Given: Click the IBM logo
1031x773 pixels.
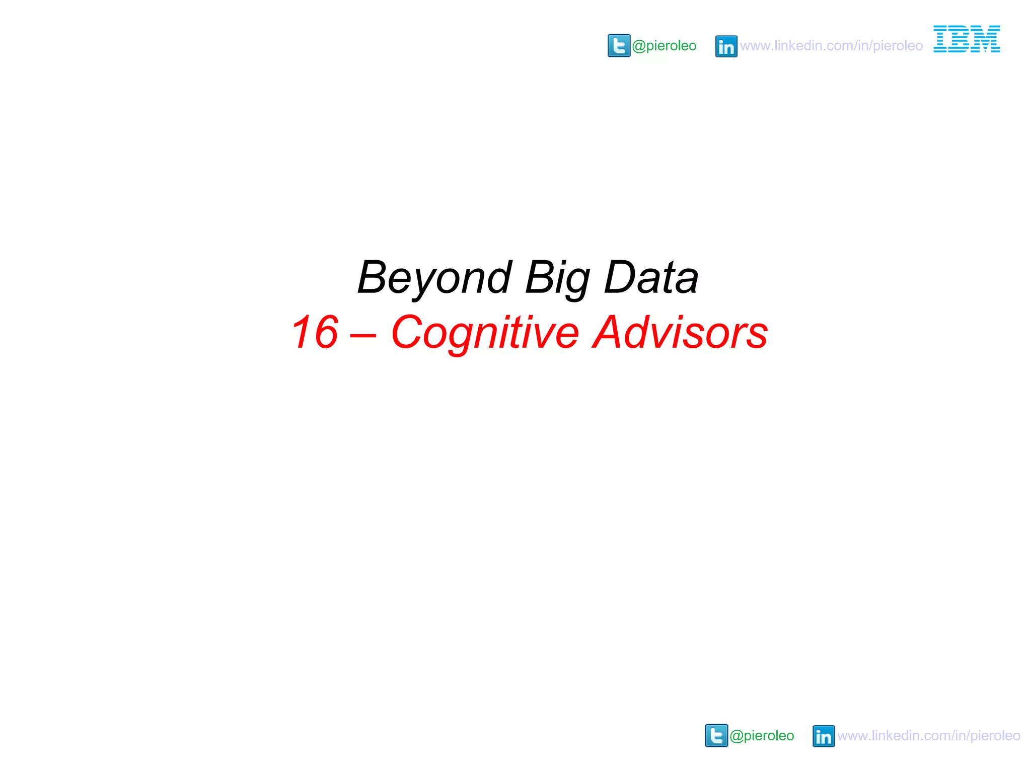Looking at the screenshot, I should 967,39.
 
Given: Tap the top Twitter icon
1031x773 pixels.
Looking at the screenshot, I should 619,46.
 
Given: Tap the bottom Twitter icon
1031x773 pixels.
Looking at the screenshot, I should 716,736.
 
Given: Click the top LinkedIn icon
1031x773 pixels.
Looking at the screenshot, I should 726,46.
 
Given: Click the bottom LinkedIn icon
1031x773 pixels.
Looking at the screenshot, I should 824,736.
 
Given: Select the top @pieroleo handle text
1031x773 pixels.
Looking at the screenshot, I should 664,46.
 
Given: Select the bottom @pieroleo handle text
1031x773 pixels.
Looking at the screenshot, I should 762,736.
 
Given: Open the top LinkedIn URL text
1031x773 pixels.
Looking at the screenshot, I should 831,46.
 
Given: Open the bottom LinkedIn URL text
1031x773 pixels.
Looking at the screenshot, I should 929,736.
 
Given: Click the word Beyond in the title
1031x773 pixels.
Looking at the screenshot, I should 434,278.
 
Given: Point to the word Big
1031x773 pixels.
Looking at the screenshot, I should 557,279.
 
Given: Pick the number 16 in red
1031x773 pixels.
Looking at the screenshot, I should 315,332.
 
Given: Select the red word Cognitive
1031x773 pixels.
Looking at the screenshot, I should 485,333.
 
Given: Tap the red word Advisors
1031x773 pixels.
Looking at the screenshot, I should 680,332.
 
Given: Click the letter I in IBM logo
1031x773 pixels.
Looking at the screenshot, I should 942,39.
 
